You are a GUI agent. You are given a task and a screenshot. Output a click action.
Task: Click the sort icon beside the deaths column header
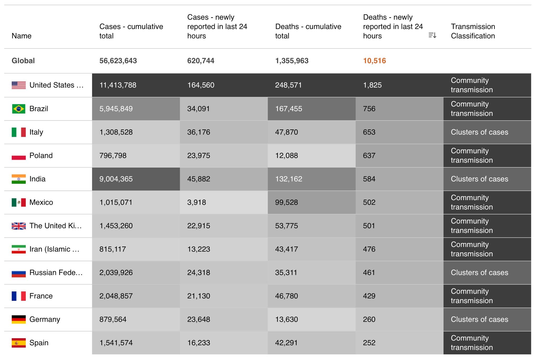click(432, 35)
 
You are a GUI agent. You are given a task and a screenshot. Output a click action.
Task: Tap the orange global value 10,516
click(374, 61)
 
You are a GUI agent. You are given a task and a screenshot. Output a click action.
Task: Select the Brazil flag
click(19, 109)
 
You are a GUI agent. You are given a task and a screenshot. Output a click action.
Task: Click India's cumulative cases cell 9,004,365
click(116, 179)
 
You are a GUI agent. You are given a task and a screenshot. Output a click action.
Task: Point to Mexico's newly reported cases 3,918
click(196, 202)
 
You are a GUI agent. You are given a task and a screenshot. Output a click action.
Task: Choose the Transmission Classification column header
click(473, 31)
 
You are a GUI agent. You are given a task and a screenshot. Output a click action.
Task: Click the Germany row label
click(45, 319)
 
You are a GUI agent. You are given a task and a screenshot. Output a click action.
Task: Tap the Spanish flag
click(19, 343)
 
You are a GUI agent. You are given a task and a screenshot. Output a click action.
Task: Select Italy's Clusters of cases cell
click(479, 132)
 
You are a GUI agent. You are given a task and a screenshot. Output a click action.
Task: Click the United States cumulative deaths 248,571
click(288, 85)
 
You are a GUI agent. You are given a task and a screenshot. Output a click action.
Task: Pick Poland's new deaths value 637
click(369, 156)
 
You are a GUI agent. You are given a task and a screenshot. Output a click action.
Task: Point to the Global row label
click(23, 61)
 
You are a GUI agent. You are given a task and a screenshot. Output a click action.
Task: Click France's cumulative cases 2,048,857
click(116, 296)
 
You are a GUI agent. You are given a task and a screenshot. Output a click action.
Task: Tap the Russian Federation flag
click(19, 273)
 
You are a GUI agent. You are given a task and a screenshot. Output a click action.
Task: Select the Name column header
click(22, 36)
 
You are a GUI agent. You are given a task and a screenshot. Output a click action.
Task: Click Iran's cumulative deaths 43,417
click(286, 249)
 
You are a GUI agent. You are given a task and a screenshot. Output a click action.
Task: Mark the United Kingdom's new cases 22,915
click(198, 226)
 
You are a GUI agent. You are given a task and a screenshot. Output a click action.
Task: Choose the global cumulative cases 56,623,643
click(118, 61)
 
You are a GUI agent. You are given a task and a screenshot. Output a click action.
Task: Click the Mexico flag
click(19, 202)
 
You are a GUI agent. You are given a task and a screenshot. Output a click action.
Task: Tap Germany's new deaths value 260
click(369, 319)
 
